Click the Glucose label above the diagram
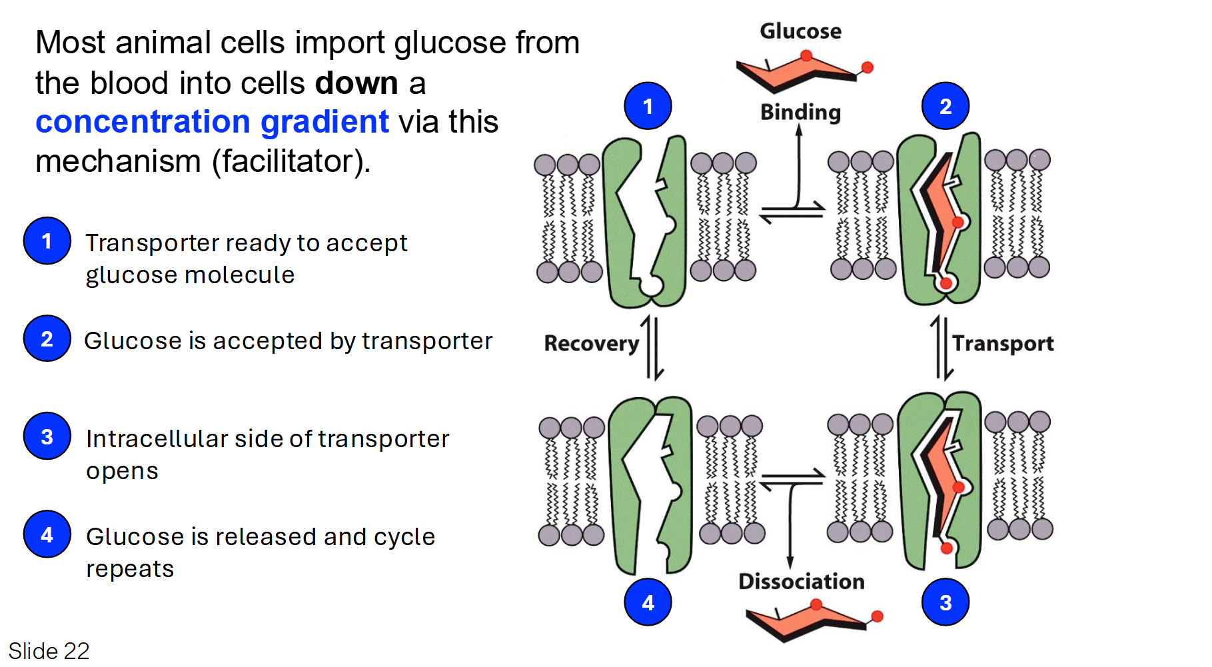(800, 31)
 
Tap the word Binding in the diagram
(800, 112)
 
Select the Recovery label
(591, 343)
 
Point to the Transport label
(1002, 343)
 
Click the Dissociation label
(801, 581)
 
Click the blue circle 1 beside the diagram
(648, 106)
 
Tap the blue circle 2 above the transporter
(945, 106)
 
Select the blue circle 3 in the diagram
(945, 602)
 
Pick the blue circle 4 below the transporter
(648, 602)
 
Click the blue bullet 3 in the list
(47, 436)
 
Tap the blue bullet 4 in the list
(47, 534)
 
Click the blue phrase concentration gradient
(212, 122)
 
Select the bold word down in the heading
(356, 83)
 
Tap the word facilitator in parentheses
(291, 161)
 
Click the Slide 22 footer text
(49, 650)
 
